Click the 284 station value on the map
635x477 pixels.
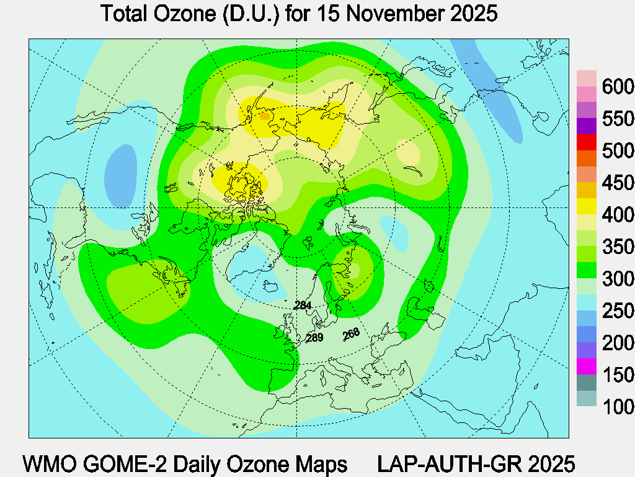[303, 305]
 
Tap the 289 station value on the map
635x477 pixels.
[315, 338]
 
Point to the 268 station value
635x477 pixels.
[351, 334]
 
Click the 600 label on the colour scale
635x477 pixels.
[618, 86]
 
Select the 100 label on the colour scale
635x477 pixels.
[618, 407]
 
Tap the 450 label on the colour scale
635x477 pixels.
[618, 183]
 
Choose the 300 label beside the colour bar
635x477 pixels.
[618, 279]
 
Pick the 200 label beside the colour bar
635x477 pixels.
[618, 343]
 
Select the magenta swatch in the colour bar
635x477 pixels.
[586, 366]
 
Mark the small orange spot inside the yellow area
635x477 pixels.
[265, 116]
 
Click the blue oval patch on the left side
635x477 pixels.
[120, 175]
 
